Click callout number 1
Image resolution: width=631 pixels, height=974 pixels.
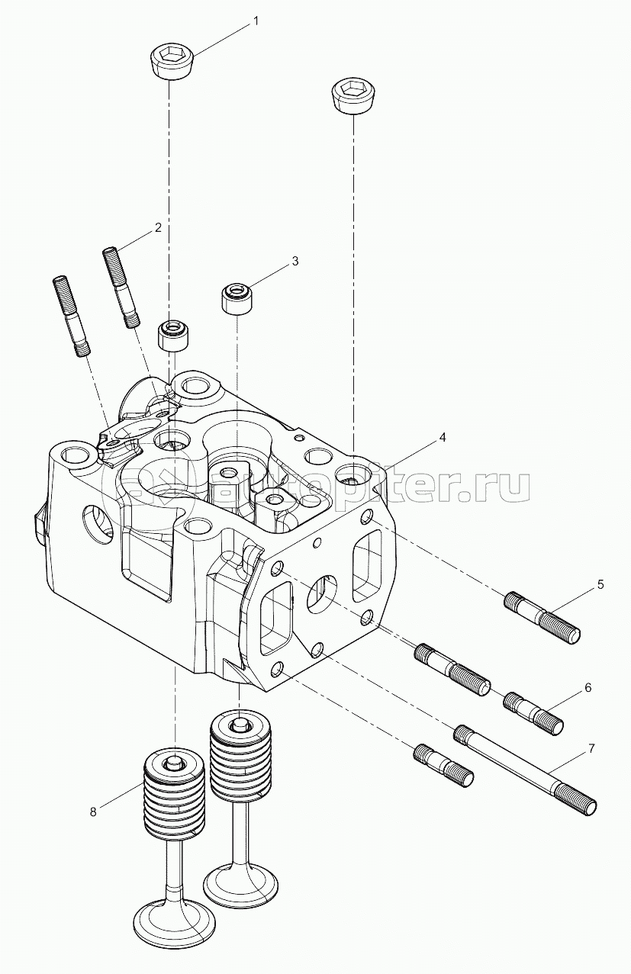coord(256,21)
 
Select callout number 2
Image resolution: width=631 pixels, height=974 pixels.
coord(158,227)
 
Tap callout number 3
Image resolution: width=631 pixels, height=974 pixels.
coord(295,262)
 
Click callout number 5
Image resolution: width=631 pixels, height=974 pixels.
coord(600,585)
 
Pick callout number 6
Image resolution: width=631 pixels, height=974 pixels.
coord(588,687)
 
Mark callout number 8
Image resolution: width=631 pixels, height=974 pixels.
coord(93,812)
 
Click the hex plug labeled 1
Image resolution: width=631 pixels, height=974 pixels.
coord(171,61)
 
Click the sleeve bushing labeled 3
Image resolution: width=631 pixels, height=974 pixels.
coord(237,298)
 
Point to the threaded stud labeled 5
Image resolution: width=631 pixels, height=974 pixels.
coord(543,616)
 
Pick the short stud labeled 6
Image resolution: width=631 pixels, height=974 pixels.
coord(533,711)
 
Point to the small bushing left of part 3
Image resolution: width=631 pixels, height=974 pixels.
coord(173,335)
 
